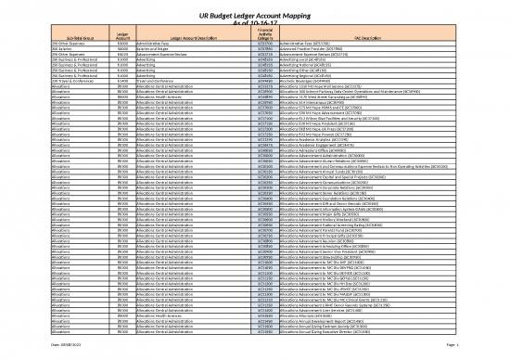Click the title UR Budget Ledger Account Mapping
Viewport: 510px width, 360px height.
(254, 8)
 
